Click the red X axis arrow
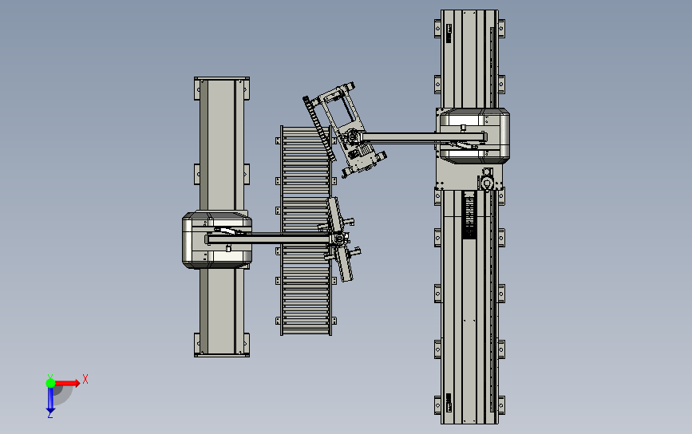coord(66,383)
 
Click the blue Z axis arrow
coord(50,400)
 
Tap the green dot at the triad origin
coord(50,383)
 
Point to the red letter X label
coord(85,379)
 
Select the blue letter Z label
coord(50,416)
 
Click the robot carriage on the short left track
coord(217,240)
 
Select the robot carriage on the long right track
coord(473,136)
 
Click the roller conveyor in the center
coord(306,231)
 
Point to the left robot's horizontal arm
coord(269,239)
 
